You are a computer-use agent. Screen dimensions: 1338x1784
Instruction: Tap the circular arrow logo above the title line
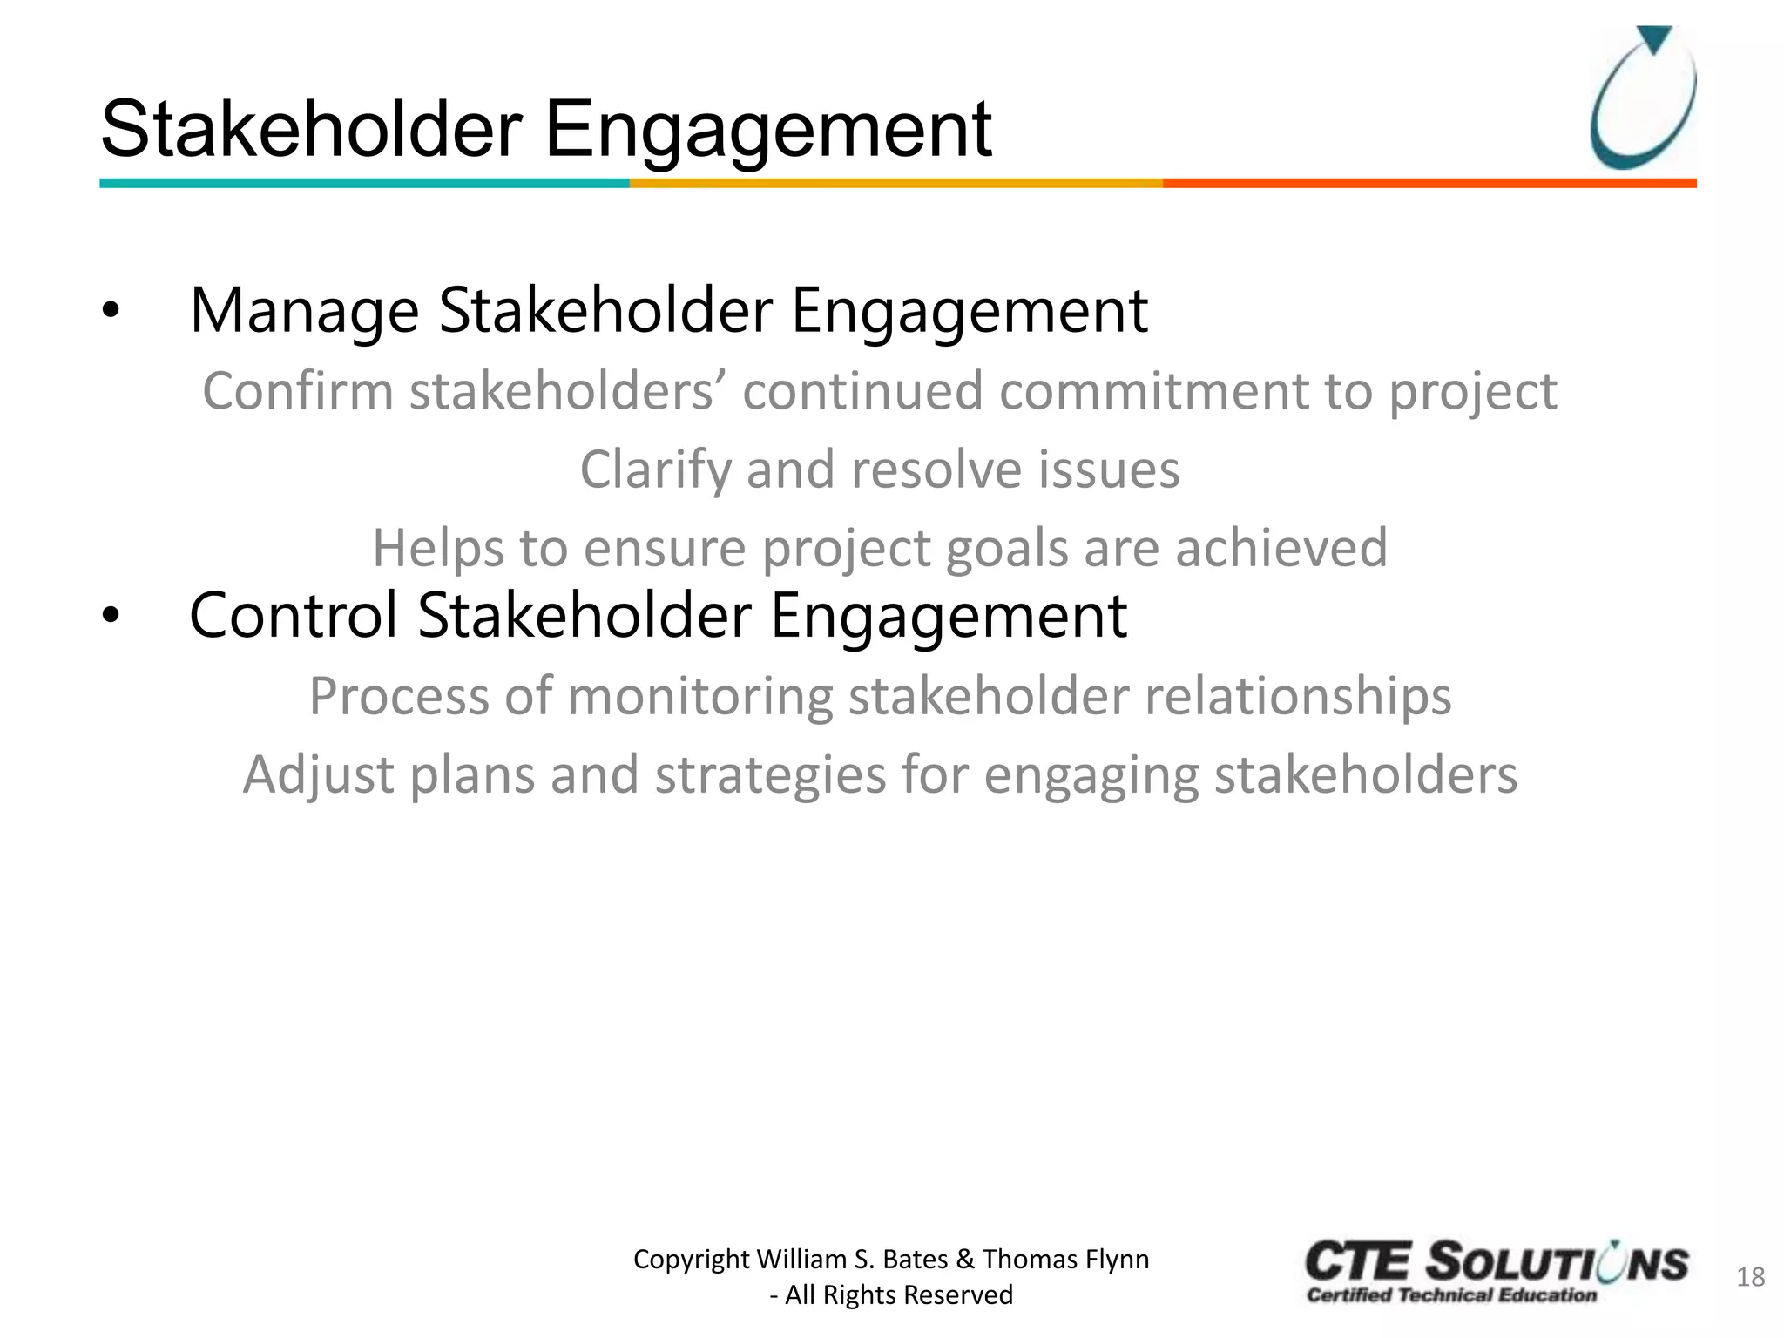point(1642,98)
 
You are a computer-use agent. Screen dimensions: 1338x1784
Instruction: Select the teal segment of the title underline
point(364,183)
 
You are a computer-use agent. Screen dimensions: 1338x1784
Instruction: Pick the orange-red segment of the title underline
point(1429,183)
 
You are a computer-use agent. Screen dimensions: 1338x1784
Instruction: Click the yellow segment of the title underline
point(895,183)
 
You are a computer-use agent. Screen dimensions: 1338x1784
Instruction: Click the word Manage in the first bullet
point(304,311)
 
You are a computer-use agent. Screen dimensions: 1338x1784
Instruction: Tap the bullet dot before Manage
point(110,311)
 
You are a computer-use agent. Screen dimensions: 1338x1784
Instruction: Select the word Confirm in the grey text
point(298,391)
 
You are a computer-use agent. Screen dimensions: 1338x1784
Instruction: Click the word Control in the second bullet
point(294,616)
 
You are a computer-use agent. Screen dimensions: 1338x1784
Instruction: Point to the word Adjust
point(318,775)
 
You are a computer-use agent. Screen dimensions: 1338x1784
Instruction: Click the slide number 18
point(1750,1277)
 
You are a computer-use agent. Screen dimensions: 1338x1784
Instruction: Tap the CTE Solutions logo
point(1496,1272)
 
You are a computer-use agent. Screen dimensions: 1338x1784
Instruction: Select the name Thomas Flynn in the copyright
point(1065,1259)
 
